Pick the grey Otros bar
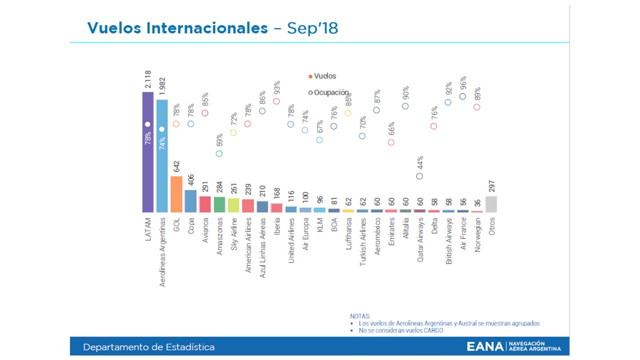[x=491, y=204]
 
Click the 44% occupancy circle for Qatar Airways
[x=419, y=176]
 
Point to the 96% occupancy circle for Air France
[x=462, y=96]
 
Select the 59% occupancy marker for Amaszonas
[x=219, y=153]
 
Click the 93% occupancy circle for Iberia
[x=276, y=101]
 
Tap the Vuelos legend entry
[x=322, y=76]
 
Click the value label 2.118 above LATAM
[x=148, y=80]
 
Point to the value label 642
[x=176, y=166]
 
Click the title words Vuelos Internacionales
[x=177, y=28]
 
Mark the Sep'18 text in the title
[x=312, y=28]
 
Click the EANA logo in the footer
[x=514, y=346]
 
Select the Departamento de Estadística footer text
[x=149, y=347]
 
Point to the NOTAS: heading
[x=360, y=316]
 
